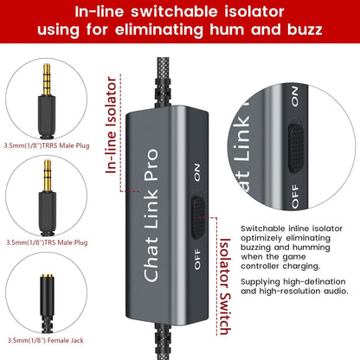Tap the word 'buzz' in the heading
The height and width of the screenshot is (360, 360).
pos(305,29)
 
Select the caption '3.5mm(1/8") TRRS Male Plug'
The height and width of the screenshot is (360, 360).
pos(47,145)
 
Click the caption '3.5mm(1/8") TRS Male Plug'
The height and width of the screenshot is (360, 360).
pos(47,242)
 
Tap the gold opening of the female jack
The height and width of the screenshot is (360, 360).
pos(47,276)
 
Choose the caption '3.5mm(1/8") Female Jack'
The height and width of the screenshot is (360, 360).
pos(46,340)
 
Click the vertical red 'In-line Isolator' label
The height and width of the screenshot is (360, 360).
pos(111,125)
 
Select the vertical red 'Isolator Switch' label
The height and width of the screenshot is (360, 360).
pos(225,286)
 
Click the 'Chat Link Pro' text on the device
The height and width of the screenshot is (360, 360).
pos(151,215)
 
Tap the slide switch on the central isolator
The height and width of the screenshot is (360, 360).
pos(198,217)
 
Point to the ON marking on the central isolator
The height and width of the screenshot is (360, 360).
pos(197,172)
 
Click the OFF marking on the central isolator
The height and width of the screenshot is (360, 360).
pos(197,259)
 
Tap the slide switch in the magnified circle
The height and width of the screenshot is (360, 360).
pos(296,148)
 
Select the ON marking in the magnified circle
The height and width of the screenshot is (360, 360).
pos(294,96)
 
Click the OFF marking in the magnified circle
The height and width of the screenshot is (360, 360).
pos(295,196)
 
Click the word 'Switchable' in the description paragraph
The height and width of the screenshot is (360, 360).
pos(263,228)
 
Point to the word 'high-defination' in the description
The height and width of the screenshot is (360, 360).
pos(314,281)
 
